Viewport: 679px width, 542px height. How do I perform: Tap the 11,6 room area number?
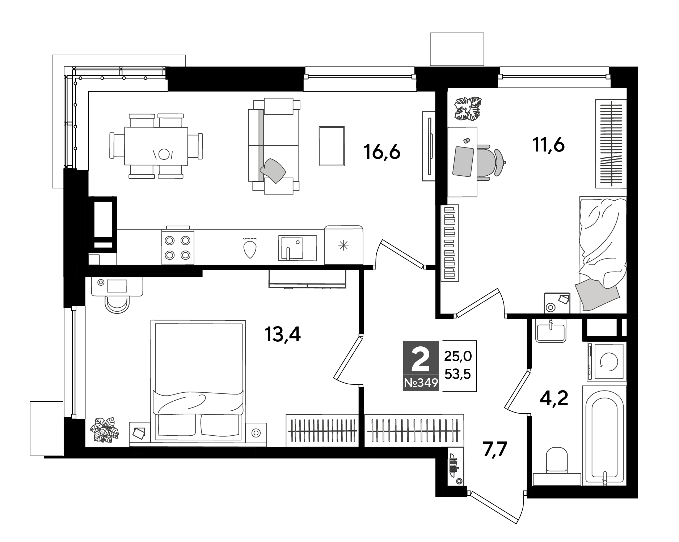[x=548, y=145]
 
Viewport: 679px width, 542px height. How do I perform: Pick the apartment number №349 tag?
[x=421, y=383]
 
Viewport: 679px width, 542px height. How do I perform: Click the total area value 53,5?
[x=458, y=375]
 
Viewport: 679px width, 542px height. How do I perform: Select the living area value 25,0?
[x=458, y=357]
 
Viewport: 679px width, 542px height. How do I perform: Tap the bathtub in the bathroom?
[x=604, y=435]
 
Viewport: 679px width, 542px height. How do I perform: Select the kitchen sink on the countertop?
[x=298, y=248]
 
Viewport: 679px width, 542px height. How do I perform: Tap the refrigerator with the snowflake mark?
[x=343, y=245]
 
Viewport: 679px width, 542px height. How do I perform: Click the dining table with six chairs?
[x=156, y=146]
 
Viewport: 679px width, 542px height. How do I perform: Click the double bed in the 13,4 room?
[x=198, y=380]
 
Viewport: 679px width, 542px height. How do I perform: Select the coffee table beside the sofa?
[x=332, y=146]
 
